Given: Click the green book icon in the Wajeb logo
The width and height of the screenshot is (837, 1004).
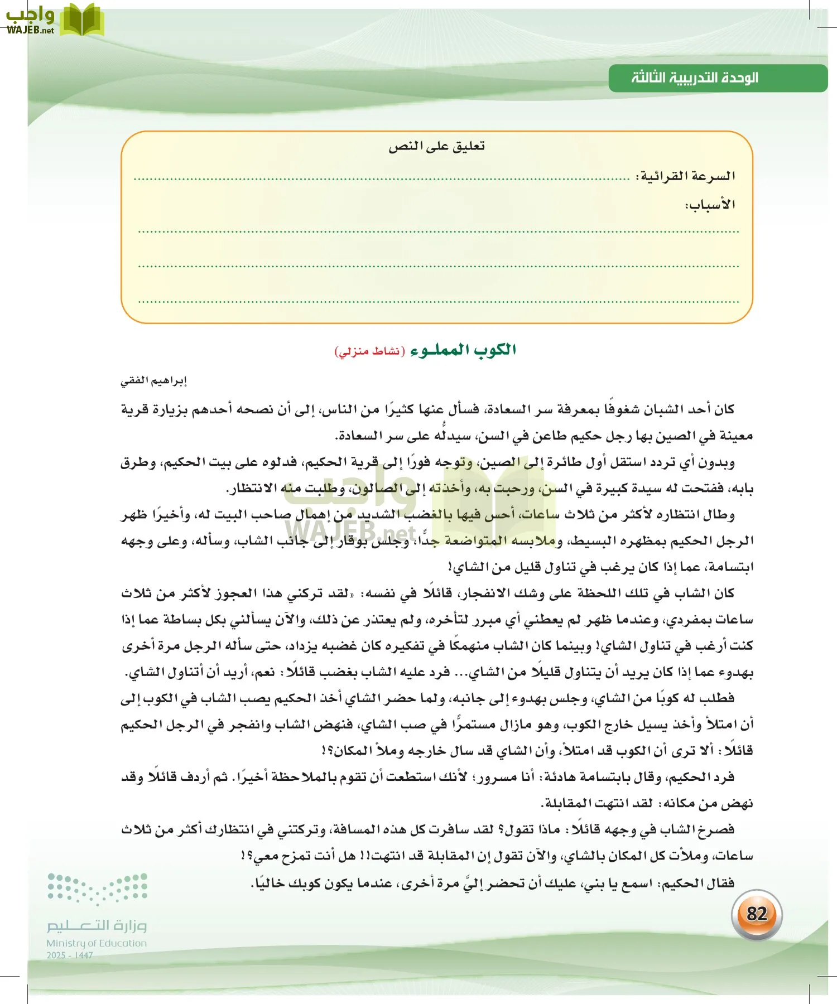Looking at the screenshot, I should click(x=82, y=20).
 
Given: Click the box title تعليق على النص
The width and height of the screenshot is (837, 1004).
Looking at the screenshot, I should click(x=436, y=147).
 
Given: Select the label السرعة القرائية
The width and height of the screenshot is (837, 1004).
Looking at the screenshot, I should click(x=686, y=176).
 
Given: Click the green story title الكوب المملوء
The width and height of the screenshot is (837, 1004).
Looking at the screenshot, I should click(x=463, y=350).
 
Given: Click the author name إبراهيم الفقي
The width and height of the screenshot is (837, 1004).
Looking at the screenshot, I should click(x=153, y=381).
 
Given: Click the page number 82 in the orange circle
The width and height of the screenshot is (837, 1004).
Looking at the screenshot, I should click(x=756, y=914).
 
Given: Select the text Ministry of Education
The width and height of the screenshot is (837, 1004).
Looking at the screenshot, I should click(x=97, y=943).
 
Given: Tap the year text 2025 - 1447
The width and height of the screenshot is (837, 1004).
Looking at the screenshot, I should click(x=70, y=955).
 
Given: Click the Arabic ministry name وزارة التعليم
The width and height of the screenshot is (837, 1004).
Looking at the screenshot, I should click(x=97, y=925).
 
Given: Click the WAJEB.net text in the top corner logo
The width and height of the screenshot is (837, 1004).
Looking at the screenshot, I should click(x=30, y=30).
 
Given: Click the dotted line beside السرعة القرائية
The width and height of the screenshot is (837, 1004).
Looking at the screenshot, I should click(x=382, y=180).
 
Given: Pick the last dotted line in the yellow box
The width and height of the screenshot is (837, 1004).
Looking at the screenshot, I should click(x=438, y=302).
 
